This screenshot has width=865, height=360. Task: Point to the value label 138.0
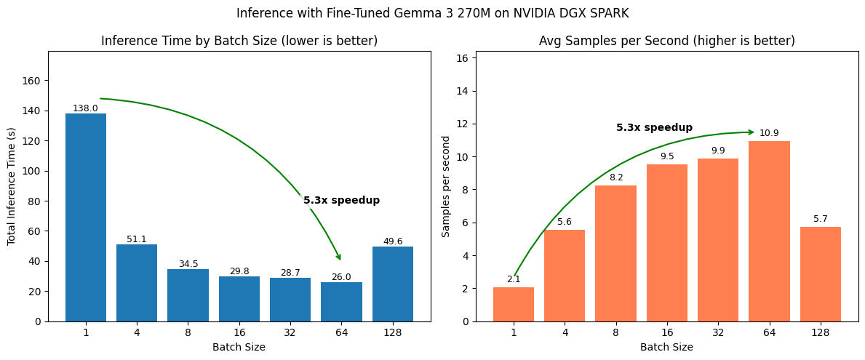point(85,108)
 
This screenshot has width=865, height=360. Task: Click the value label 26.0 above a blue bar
point(341,277)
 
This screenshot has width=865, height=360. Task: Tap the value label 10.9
point(769,133)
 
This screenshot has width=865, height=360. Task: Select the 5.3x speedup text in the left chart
point(341,200)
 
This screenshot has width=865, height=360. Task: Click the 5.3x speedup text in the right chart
point(654,128)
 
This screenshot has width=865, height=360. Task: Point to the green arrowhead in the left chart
point(338,256)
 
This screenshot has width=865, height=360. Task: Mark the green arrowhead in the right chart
point(750,132)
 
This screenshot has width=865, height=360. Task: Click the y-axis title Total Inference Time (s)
point(12,186)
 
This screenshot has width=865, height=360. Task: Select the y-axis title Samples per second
point(447,186)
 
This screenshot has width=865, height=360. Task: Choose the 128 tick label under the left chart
point(393,332)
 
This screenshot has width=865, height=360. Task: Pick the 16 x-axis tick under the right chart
point(666,332)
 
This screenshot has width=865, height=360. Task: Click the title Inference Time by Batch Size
point(239,41)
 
